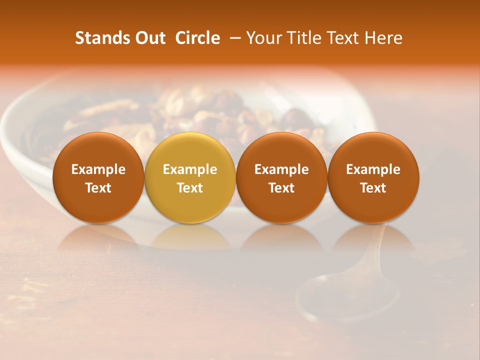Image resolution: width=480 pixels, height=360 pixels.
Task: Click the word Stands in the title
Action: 100,38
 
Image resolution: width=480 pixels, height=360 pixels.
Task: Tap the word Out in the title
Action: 148,38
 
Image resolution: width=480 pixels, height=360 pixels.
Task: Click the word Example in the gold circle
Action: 190,169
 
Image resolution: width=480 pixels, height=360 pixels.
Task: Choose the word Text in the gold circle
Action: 190,188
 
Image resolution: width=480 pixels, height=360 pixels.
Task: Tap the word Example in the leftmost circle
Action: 98,169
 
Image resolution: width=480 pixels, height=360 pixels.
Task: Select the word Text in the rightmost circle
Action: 373,188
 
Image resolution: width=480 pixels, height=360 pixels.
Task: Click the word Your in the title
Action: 262,38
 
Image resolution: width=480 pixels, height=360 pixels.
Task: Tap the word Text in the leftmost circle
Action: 98,188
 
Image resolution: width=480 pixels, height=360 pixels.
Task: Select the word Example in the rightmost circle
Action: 373,169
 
